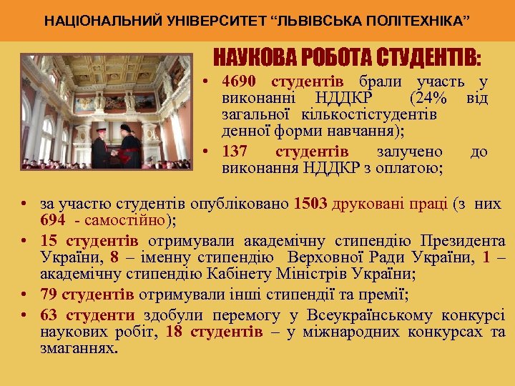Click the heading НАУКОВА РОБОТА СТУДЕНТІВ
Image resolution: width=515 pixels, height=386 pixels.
point(348,57)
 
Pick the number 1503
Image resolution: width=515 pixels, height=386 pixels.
point(310,204)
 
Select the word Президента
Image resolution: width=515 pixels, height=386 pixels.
point(463,240)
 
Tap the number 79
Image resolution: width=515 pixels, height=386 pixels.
point(49,295)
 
